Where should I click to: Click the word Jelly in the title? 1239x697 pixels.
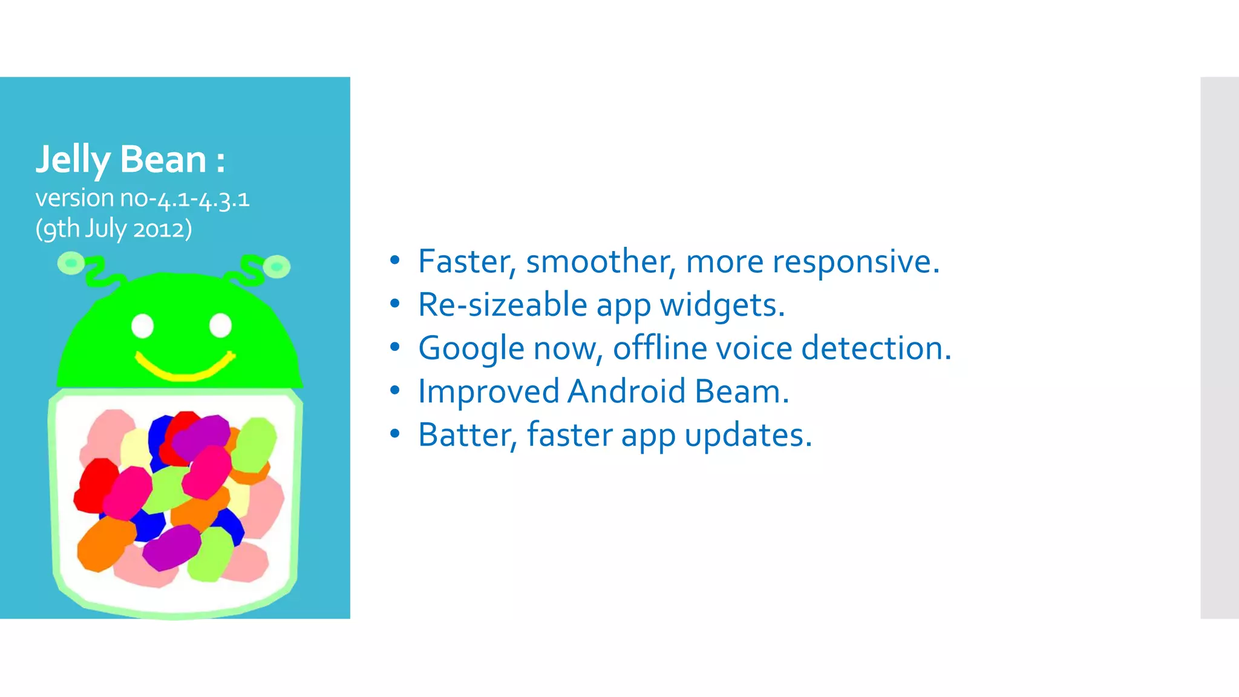pyautogui.click(x=73, y=160)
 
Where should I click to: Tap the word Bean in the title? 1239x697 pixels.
pyautogui.click(x=163, y=160)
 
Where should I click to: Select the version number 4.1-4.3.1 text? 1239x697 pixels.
pyautogui.click(x=203, y=199)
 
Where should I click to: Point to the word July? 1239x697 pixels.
pyautogui.click(x=105, y=229)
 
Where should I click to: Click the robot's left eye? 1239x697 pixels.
pyautogui.click(x=143, y=326)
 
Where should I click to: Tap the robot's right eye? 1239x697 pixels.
pyautogui.click(x=220, y=326)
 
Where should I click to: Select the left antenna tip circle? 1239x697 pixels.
pyautogui.click(x=71, y=263)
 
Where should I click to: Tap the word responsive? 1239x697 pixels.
pyautogui.click(x=855, y=262)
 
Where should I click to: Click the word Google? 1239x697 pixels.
pyautogui.click(x=471, y=349)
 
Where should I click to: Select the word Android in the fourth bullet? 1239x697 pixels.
pyautogui.click(x=626, y=391)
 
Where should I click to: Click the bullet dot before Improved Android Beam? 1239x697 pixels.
pyautogui.click(x=395, y=391)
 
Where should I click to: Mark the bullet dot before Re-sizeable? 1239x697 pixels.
pyautogui.click(x=395, y=304)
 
